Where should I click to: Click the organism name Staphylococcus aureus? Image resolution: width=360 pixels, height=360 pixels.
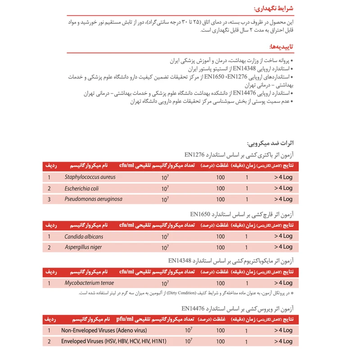click(x=90, y=177)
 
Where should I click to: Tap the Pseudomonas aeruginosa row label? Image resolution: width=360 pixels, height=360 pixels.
click(x=93, y=199)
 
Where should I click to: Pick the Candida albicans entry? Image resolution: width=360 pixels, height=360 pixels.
click(x=84, y=236)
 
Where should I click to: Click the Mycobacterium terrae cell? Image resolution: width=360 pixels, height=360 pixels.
click(x=89, y=283)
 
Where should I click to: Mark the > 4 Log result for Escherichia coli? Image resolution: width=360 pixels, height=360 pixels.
click(x=283, y=188)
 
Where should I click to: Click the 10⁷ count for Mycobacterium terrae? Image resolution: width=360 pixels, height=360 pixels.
click(x=165, y=283)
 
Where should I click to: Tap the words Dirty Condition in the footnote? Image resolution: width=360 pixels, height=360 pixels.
click(x=181, y=293)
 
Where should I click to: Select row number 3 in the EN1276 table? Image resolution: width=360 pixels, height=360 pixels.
click(x=49, y=199)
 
